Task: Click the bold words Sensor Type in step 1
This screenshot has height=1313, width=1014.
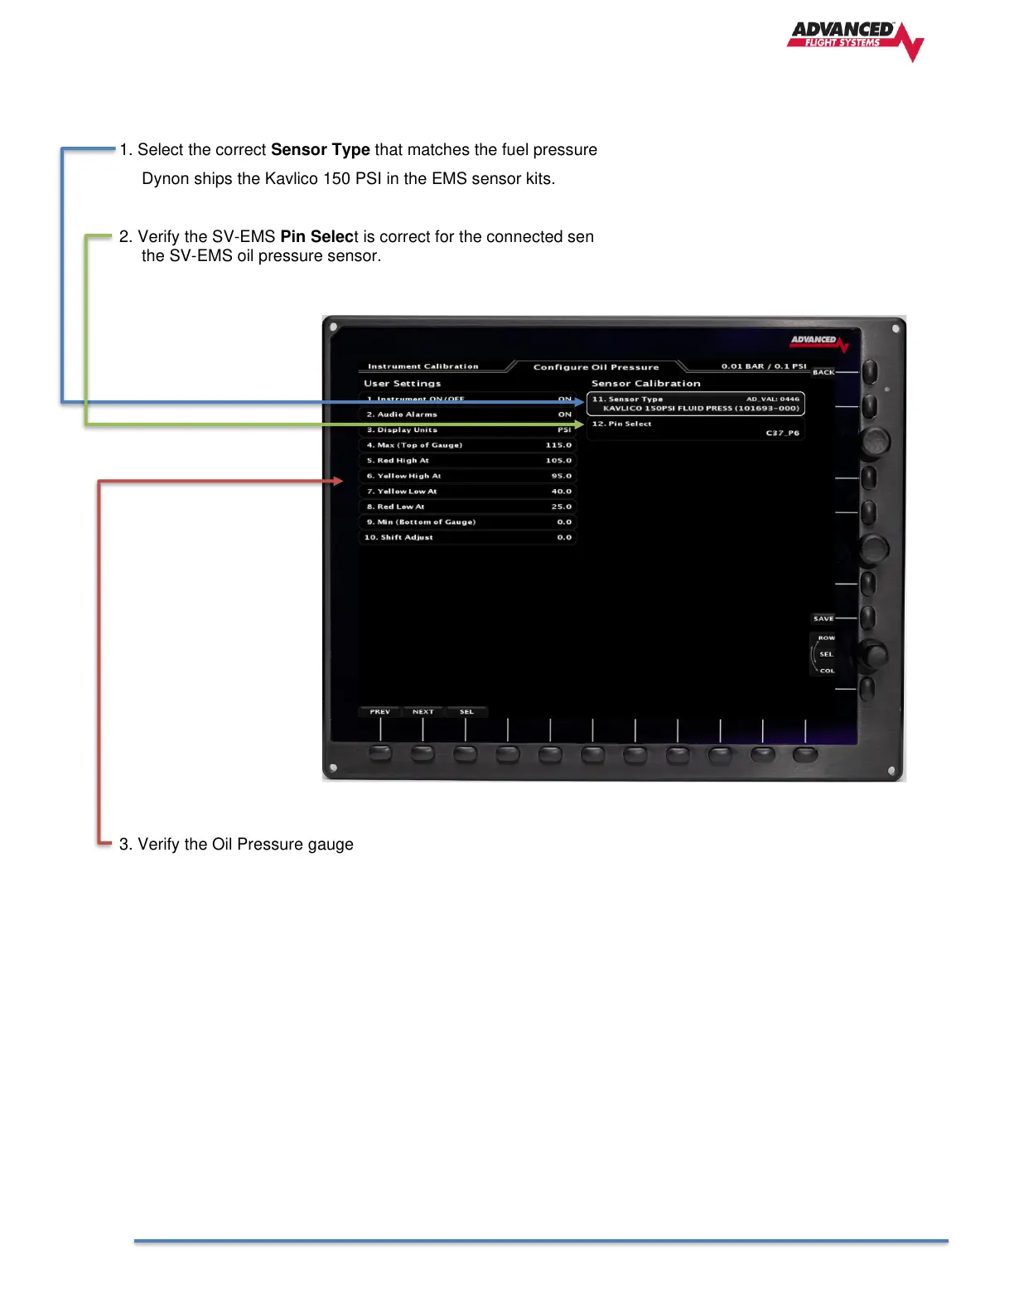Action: [320, 150]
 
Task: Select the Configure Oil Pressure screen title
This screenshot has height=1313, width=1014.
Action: [596, 367]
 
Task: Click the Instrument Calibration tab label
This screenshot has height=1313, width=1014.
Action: [422, 366]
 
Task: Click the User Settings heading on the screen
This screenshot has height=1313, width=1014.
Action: [402, 384]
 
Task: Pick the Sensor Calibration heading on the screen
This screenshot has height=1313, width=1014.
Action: [645, 384]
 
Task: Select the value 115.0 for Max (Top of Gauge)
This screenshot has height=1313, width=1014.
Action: [558, 445]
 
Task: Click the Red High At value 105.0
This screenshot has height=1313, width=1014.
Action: [558, 461]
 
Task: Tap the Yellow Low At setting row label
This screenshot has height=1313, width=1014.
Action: [407, 492]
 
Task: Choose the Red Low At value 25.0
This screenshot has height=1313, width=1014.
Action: [561, 506]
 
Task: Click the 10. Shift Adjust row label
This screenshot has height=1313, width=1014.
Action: [398, 537]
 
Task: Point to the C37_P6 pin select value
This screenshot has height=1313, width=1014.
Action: [782, 433]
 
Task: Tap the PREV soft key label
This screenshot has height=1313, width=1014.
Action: [379, 712]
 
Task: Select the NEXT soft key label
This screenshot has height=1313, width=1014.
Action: [422, 712]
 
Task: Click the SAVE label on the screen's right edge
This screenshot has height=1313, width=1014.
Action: [823, 618]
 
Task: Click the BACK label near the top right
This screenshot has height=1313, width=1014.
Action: [823, 372]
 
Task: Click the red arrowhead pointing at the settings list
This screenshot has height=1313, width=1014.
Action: [338, 481]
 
